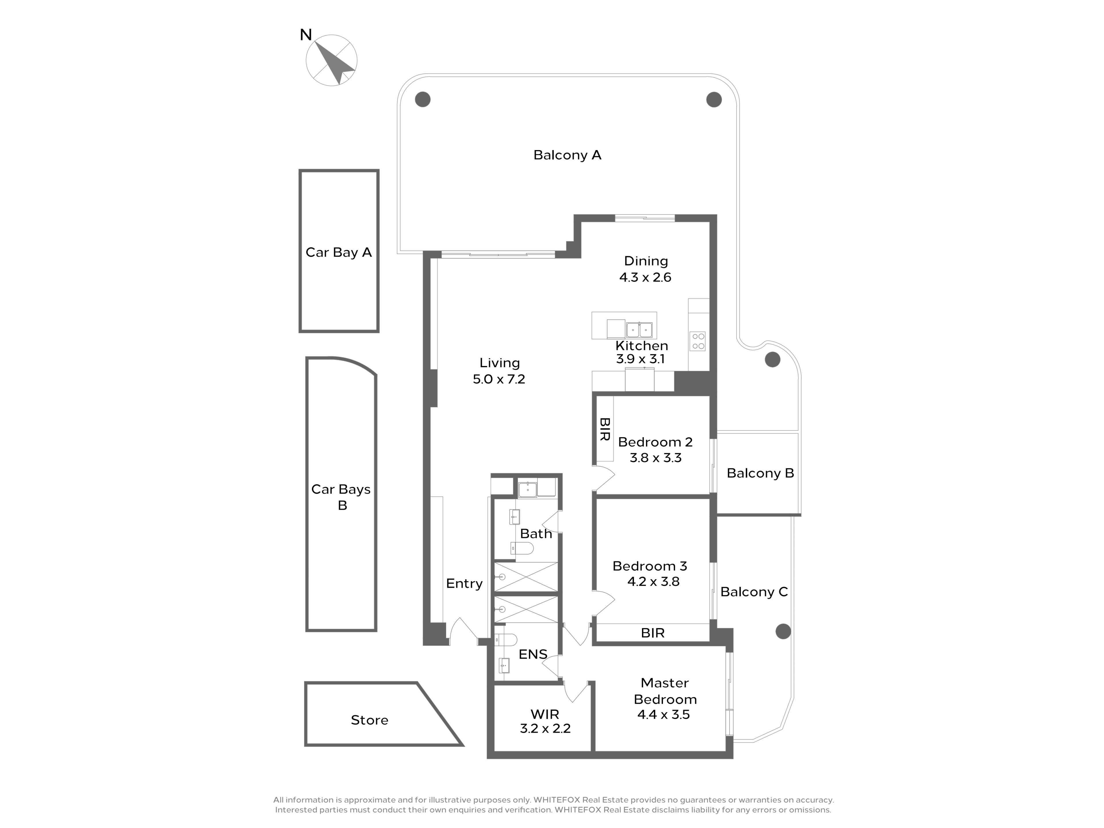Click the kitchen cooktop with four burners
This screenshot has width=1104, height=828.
coord(698,341)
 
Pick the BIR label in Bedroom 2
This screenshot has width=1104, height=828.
coord(604,429)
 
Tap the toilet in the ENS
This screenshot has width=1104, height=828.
coord(506,640)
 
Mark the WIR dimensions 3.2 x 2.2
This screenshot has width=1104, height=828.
coord(545,729)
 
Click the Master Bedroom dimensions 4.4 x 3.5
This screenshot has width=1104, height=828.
coord(663,715)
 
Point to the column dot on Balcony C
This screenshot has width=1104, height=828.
coord(783,631)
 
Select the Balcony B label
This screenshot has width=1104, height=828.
coord(760,473)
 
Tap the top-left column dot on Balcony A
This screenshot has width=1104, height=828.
coord(423,99)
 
